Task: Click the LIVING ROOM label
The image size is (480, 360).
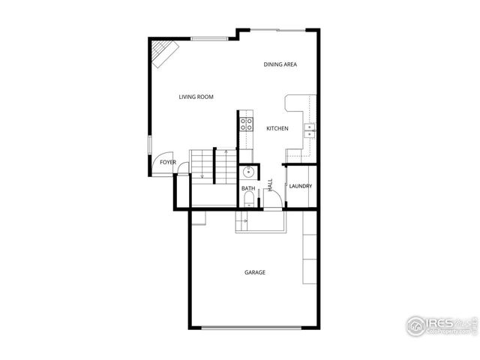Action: (196, 97)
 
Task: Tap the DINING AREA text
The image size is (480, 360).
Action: (280, 64)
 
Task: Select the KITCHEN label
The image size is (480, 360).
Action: (277, 129)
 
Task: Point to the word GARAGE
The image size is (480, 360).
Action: (255, 272)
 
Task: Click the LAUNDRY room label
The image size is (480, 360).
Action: (300, 186)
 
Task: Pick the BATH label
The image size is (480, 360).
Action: (248, 188)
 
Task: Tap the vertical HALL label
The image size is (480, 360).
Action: (270, 185)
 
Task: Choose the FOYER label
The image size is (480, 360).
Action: (168, 162)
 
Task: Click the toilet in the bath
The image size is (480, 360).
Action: (248, 199)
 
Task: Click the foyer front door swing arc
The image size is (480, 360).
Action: (160, 166)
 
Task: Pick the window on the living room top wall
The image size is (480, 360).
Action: (209, 38)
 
